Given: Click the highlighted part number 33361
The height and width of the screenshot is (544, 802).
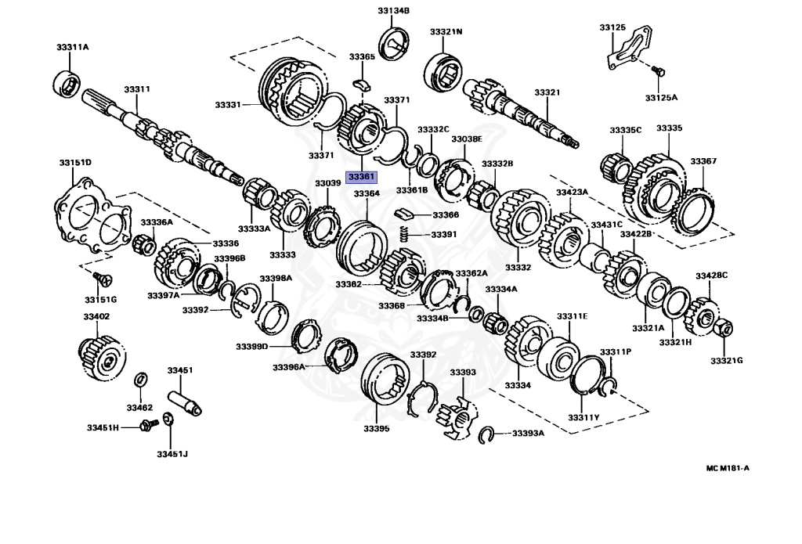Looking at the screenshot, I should (x=361, y=176).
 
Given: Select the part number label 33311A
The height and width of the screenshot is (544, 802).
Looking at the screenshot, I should (x=72, y=47).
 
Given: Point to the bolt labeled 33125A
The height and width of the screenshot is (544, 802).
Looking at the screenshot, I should (x=659, y=73).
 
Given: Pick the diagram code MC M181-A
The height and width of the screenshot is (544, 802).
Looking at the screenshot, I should (x=728, y=468).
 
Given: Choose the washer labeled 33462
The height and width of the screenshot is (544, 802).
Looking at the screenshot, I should (x=140, y=380).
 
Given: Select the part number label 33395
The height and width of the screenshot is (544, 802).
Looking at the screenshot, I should (x=375, y=428).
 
